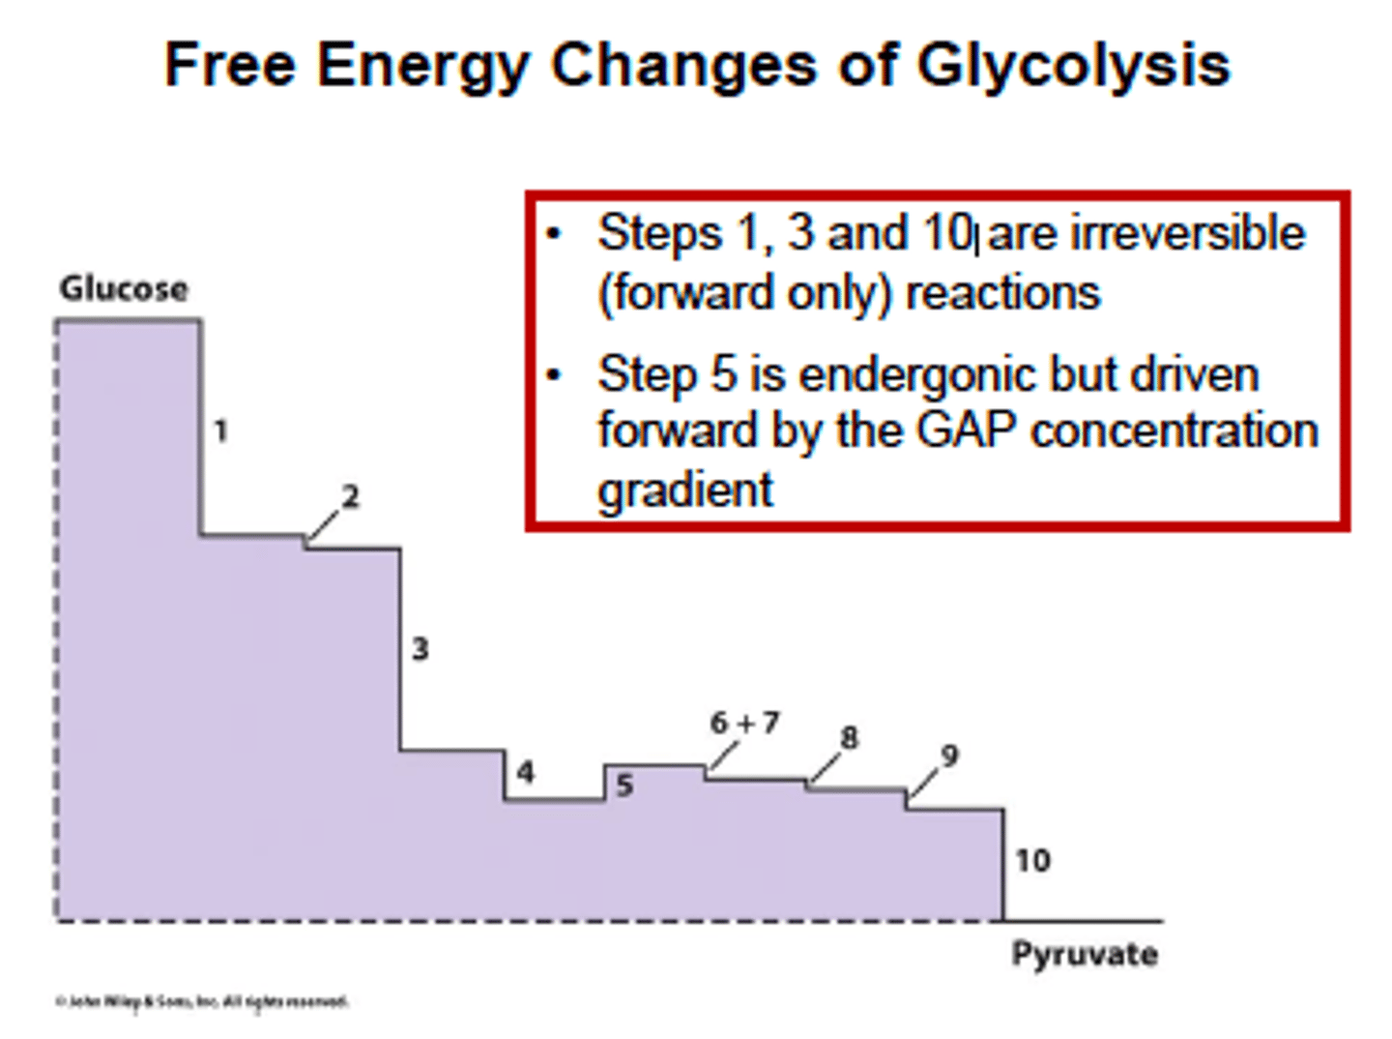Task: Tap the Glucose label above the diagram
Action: (124, 288)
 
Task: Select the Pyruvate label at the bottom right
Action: (1085, 955)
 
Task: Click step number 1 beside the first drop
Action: (221, 430)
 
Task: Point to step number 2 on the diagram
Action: (350, 496)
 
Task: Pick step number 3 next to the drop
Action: (420, 648)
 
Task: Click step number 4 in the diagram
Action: (525, 772)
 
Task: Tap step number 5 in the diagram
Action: (624, 786)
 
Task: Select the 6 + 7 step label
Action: (743, 723)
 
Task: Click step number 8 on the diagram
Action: (849, 738)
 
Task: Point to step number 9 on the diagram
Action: (949, 756)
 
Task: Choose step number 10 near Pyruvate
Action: (1032, 860)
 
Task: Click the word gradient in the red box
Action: (685, 490)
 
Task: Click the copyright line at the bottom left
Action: (202, 1001)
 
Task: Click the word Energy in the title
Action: (422, 66)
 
